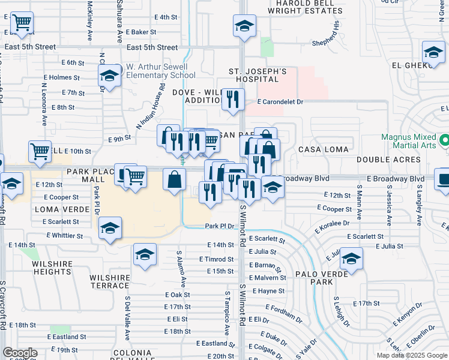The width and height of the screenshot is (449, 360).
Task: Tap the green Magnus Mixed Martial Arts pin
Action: [x=444, y=142]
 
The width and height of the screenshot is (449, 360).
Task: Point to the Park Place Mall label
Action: [x=90, y=175]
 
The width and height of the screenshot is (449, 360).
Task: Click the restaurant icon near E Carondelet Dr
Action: [x=233, y=98]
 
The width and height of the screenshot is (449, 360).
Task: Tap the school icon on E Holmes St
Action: [x=110, y=76]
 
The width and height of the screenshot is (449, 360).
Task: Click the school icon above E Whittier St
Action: [x=110, y=228]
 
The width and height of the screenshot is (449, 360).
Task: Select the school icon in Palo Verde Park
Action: [x=352, y=259]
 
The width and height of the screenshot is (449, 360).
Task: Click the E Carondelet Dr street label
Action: [x=282, y=102]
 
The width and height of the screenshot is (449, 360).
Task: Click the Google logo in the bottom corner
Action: [x=20, y=352]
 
